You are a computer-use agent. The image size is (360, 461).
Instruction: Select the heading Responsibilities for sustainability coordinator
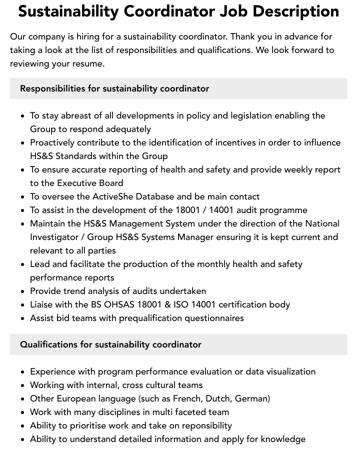pos(114,88)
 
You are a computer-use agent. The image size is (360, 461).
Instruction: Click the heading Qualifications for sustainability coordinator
pos(110,344)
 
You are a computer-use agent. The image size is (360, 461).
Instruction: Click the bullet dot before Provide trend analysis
pos(22,291)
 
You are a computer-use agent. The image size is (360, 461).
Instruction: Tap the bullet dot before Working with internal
pos(22,385)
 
